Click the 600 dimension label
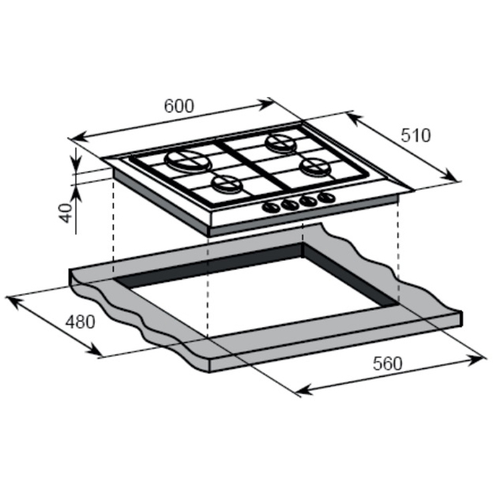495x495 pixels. (179, 106)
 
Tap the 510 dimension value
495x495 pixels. (416, 135)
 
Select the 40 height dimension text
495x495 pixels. (66, 213)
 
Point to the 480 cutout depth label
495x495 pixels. (80, 322)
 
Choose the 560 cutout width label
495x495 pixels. (388, 363)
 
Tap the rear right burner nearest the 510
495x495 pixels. (281, 142)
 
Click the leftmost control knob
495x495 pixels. (271, 207)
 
